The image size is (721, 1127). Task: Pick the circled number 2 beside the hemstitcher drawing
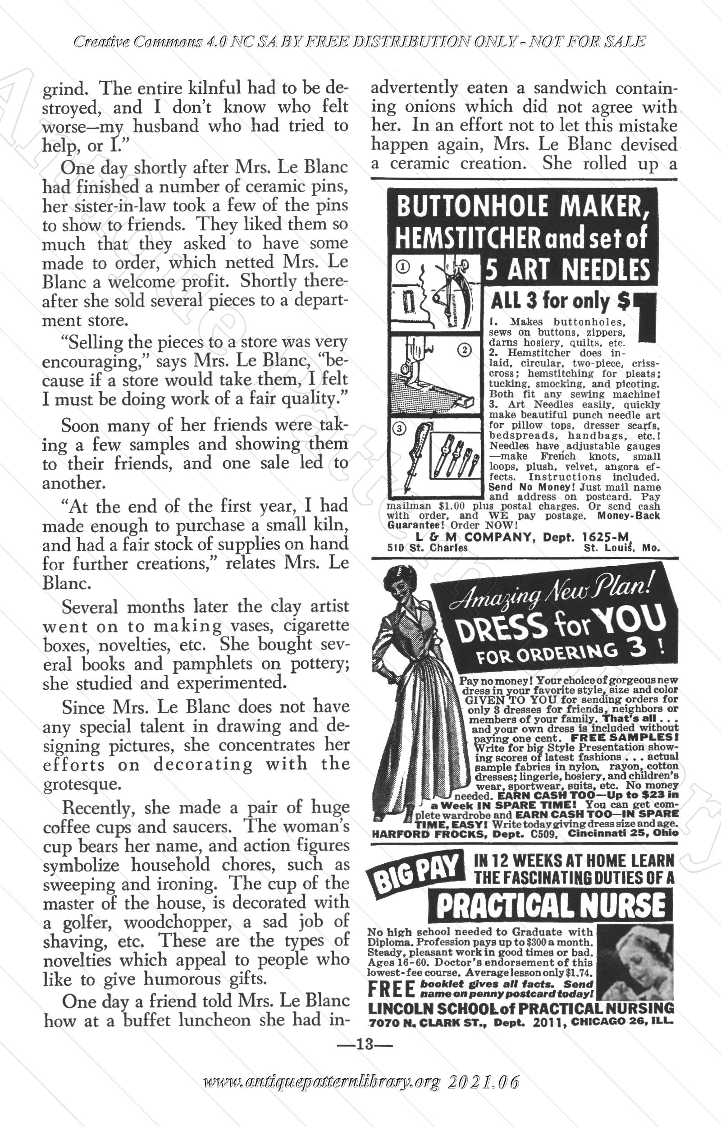click(464, 350)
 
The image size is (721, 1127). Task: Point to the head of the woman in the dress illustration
click(398, 583)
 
